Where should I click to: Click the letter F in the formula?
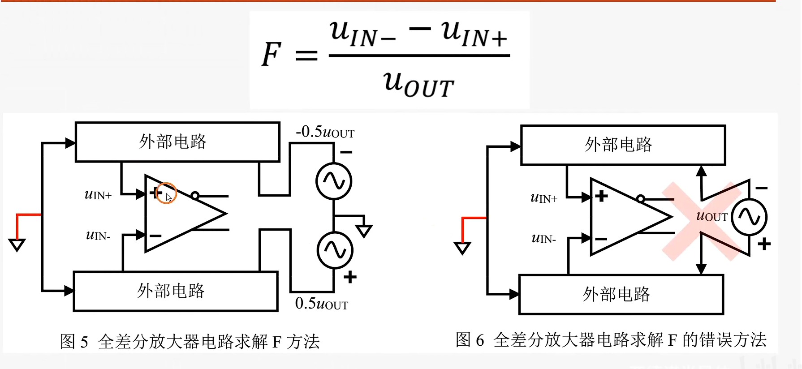click(272, 54)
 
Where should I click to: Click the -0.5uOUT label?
click(325, 132)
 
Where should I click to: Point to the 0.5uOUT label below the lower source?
click(321, 304)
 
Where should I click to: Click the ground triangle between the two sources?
click(364, 231)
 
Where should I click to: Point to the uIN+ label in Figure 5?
click(98, 195)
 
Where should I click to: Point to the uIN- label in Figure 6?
click(543, 239)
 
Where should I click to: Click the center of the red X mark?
click(703, 221)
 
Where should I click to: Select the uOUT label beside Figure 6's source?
click(712, 216)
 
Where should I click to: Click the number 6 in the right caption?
click(480, 341)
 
